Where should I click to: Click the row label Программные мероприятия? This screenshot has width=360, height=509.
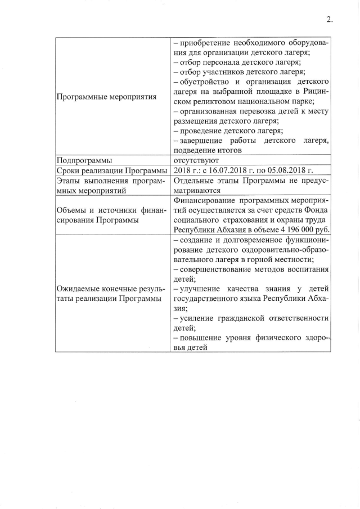[106, 97]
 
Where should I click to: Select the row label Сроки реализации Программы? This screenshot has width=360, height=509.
[112, 170]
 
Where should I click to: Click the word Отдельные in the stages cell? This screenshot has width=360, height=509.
[195, 181]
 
